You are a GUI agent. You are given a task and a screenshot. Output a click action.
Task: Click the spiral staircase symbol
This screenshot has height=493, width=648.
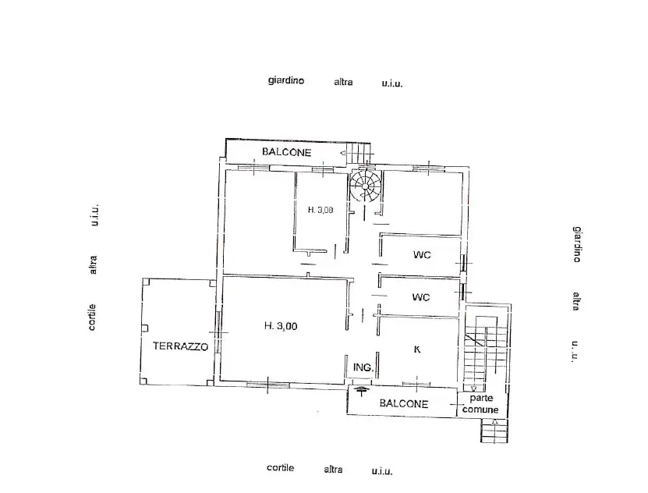point(365,187)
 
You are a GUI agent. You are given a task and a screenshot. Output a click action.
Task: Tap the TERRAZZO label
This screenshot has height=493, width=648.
point(180,347)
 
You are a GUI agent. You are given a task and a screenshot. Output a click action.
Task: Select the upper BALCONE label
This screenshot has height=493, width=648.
point(286,151)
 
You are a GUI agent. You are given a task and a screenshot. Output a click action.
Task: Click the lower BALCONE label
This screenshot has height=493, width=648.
point(404,403)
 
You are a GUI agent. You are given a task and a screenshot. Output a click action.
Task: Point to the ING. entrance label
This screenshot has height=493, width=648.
point(363,367)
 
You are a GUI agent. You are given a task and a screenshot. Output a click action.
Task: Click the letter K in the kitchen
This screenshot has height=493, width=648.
point(417,349)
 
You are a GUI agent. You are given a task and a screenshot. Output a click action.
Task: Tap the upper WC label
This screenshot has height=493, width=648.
point(422,255)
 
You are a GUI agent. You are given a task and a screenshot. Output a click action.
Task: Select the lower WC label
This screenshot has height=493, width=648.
point(421,297)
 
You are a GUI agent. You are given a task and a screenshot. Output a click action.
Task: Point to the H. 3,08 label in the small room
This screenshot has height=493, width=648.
point(320,209)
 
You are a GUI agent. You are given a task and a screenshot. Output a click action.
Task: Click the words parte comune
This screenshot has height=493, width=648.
point(481,403)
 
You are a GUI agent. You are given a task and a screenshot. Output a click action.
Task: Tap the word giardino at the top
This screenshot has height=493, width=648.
point(286,80)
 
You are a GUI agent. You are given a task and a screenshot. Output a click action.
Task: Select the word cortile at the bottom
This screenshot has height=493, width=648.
point(280,468)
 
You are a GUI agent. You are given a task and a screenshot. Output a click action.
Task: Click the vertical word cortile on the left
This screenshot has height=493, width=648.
point(93,317)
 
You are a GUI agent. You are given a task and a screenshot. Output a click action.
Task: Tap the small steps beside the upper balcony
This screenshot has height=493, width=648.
point(359,152)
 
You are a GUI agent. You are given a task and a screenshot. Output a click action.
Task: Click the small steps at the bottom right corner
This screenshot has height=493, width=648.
point(494,430)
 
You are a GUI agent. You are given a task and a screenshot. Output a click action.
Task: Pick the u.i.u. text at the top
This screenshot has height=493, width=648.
point(391,83)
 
